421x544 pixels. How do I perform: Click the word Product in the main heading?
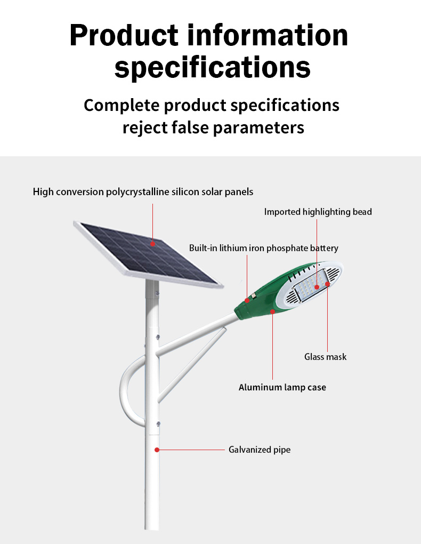(x=124, y=35)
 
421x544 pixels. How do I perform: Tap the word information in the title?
(x=268, y=35)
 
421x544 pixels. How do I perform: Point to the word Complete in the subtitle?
(x=122, y=105)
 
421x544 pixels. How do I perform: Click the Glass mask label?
(x=325, y=357)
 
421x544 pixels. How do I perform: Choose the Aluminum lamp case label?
(x=282, y=388)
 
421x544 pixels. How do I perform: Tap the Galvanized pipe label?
(x=260, y=450)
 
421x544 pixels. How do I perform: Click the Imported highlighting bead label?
(x=318, y=212)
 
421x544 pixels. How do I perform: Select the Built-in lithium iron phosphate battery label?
(x=264, y=248)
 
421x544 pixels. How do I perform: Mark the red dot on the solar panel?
(x=152, y=244)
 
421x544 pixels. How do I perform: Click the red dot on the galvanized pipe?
(x=157, y=450)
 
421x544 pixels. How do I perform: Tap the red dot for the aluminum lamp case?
(x=272, y=311)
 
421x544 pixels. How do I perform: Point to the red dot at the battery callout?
(x=247, y=300)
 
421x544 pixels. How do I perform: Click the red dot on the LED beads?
(x=317, y=287)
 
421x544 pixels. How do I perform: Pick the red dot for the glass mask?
(x=327, y=284)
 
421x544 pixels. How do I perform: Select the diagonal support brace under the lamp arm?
(x=192, y=364)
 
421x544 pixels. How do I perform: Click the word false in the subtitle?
(x=190, y=127)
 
